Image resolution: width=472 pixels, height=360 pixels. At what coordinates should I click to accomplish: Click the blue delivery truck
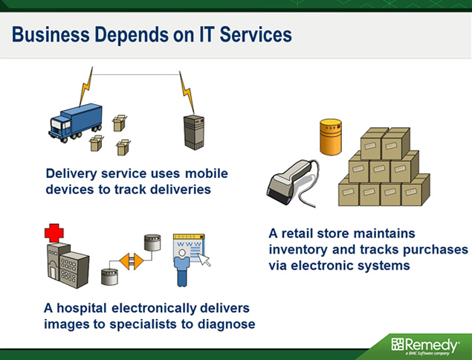[x=75, y=123]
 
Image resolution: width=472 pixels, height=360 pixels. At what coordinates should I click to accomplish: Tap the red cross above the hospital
[x=54, y=233]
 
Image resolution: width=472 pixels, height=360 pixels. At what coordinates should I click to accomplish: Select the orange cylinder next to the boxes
[x=331, y=137]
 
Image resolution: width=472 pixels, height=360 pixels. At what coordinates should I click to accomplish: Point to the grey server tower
[x=194, y=132]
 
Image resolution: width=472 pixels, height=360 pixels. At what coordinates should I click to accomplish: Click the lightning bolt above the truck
[x=86, y=86]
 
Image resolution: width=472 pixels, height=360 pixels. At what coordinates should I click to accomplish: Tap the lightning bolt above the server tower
[x=187, y=92]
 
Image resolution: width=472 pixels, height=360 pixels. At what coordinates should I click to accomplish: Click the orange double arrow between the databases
[x=132, y=262]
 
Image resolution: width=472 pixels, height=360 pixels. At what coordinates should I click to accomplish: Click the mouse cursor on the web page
[x=204, y=260]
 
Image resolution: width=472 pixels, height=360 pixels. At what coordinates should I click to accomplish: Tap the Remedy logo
[x=425, y=346]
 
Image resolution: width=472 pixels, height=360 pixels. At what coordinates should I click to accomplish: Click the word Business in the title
[x=51, y=34]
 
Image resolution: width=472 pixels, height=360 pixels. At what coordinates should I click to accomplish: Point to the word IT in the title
[x=207, y=34]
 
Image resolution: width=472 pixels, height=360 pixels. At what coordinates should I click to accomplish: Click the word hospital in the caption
[x=82, y=308]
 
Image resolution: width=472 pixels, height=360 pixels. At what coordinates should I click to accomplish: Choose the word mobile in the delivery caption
[x=207, y=173]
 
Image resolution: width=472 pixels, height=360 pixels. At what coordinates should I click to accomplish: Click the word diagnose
[x=227, y=325]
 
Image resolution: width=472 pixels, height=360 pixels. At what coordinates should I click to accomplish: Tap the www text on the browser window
[x=189, y=244]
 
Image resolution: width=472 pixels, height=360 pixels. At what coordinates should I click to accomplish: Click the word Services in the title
[x=256, y=34]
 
